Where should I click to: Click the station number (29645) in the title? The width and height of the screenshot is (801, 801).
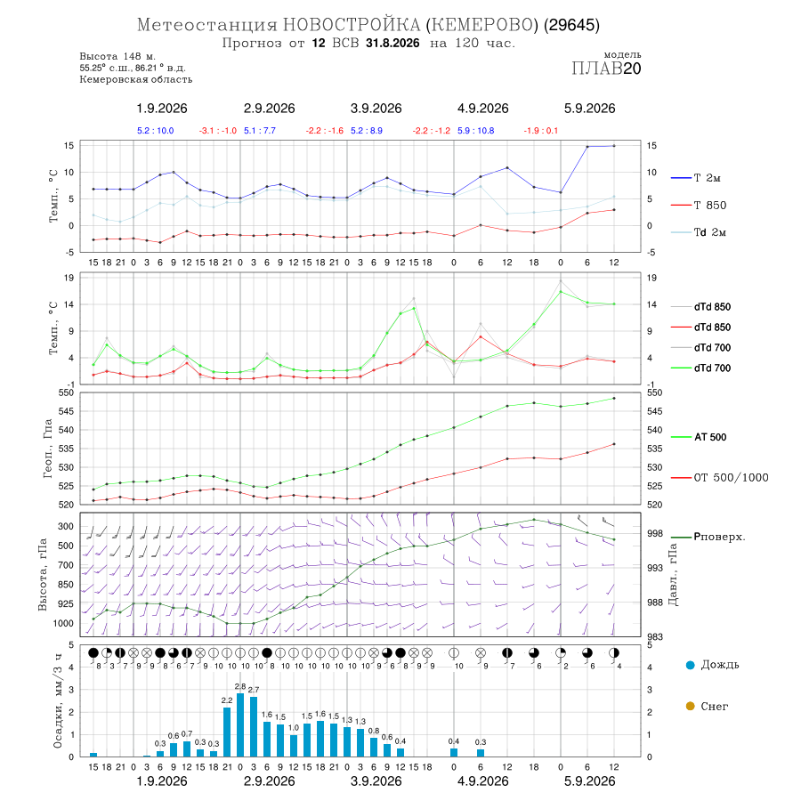point(571,25)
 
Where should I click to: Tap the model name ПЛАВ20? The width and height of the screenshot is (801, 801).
point(606,69)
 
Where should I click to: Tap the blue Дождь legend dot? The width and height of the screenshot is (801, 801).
point(690,665)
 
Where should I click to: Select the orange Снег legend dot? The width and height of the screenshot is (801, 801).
point(690,706)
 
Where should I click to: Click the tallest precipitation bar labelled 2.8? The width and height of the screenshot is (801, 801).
point(240,724)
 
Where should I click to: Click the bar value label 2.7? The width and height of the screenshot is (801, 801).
point(254,689)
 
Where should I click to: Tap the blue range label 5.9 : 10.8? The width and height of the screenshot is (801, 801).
point(475,130)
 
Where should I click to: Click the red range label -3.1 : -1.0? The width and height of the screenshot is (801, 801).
point(218,130)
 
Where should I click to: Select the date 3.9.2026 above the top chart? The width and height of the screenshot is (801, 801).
point(376,109)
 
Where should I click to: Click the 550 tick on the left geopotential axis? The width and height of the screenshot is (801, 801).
point(67,392)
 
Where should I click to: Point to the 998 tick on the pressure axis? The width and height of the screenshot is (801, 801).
point(654,533)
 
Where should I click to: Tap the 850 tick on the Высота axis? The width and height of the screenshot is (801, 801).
point(66,585)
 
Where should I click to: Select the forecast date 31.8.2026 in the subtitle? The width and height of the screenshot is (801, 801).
point(392,43)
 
